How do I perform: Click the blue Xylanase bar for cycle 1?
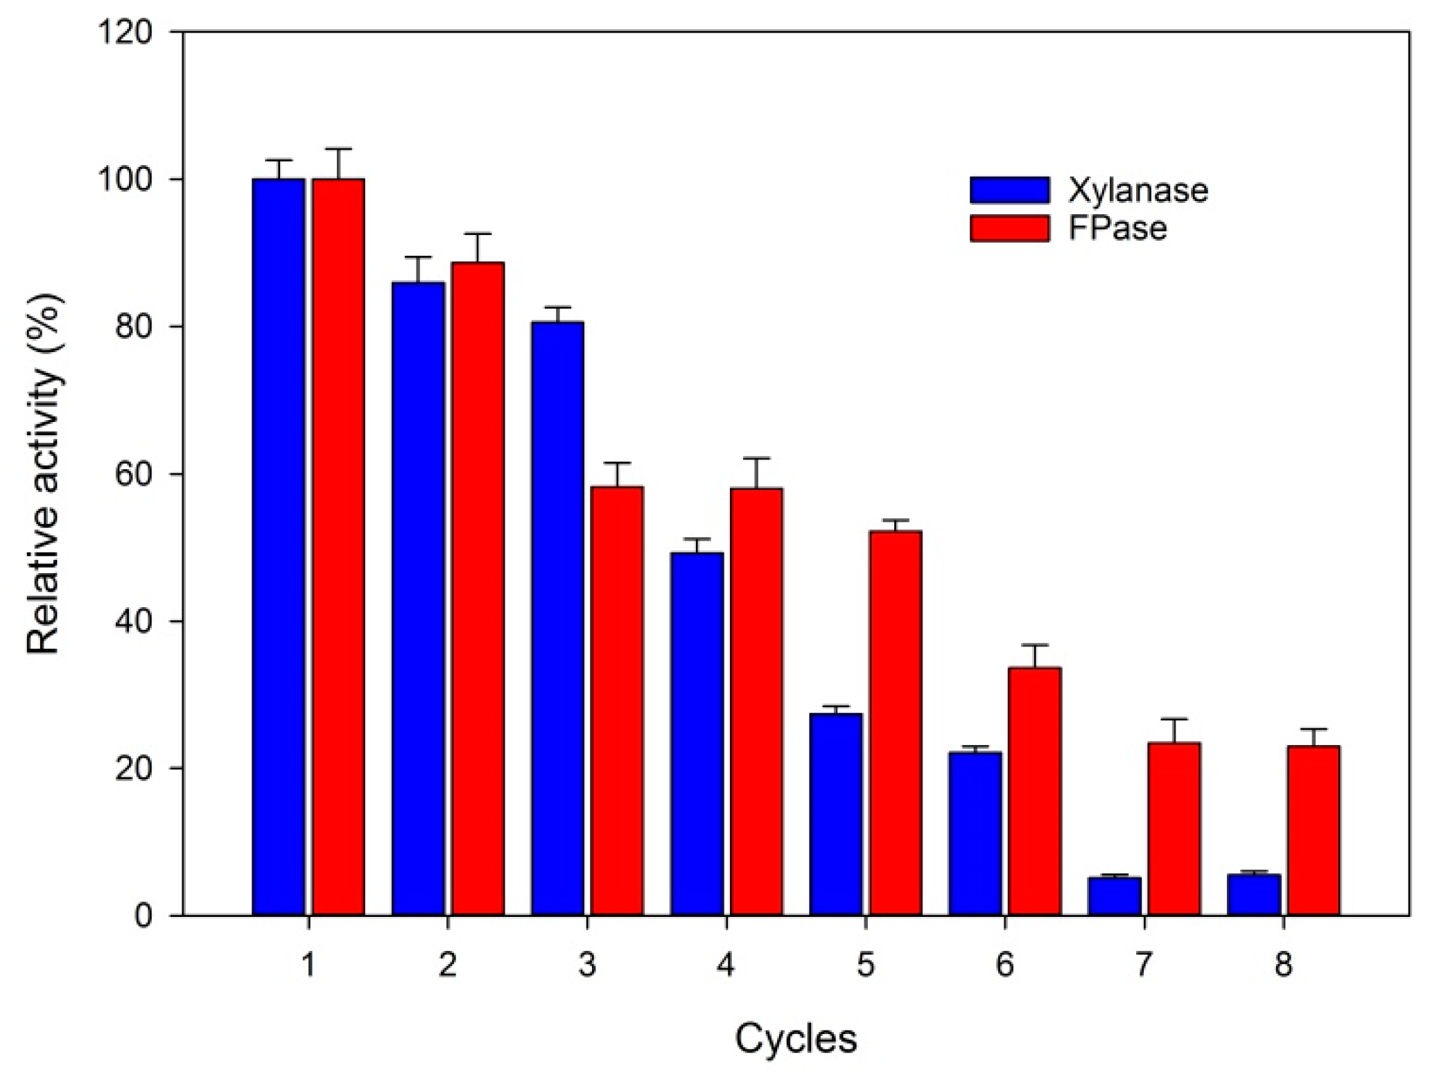[x=278, y=547]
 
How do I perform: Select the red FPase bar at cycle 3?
[x=616, y=701]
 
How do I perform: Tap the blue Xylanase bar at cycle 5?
[x=835, y=814]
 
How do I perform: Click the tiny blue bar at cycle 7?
[x=1114, y=896]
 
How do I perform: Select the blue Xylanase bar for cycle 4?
[x=697, y=734]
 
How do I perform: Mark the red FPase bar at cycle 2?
[x=478, y=588]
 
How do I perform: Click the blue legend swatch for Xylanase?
[x=1009, y=190]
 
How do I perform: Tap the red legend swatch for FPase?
[x=1009, y=228]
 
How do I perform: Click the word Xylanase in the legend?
[x=1137, y=190]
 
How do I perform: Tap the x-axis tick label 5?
[x=865, y=964]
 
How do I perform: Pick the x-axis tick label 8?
[x=1283, y=964]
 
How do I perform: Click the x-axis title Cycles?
[x=796, y=1038]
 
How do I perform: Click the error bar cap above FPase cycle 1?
[x=338, y=149]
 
